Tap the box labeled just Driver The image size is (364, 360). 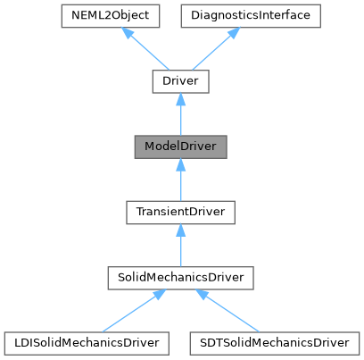(x=179, y=82)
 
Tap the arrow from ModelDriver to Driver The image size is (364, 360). (x=179, y=114)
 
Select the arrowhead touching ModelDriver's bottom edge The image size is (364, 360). (x=179, y=164)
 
